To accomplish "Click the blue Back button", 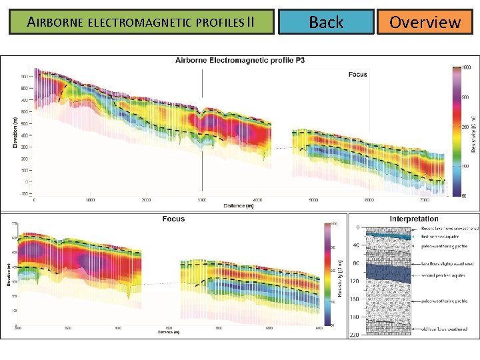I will tap(326, 22).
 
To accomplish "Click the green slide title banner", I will tap(141, 22).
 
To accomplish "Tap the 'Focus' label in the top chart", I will tap(357, 74).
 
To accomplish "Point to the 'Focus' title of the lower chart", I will tap(173, 219).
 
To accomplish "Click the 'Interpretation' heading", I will tap(414, 219).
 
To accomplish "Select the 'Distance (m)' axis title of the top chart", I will tap(239, 205).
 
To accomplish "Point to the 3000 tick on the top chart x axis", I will tap(202, 200).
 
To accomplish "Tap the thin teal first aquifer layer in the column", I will tap(387, 235).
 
